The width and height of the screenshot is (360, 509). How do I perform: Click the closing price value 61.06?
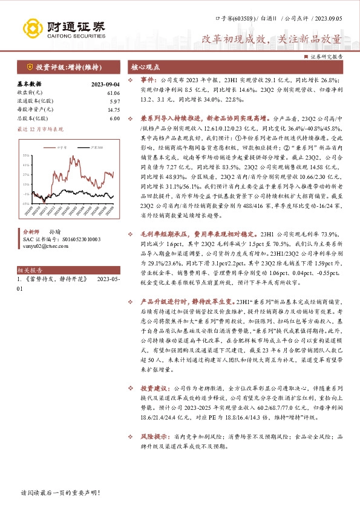pyautogui.click(x=113, y=93)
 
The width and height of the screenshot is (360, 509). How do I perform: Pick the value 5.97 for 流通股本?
pyautogui.click(x=114, y=102)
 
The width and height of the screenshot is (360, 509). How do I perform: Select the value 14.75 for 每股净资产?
pyautogui.click(x=113, y=110)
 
